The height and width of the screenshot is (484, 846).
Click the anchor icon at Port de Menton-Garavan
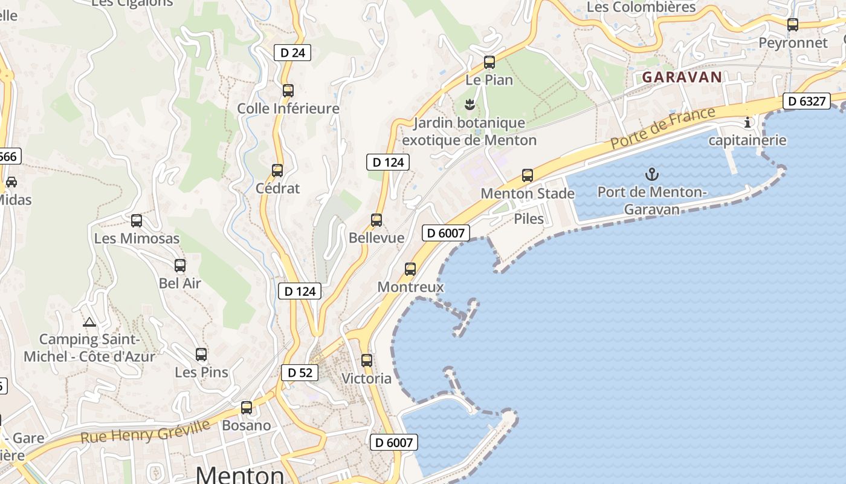click(651, 175)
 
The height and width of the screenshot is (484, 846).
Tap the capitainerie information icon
click(748, 122)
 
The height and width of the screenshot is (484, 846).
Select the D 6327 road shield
click(806, 101)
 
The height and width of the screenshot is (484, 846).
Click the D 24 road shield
click(292, 53)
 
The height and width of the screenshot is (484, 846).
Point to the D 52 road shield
click(300, 373)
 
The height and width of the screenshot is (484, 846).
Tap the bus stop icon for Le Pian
click(489, 62)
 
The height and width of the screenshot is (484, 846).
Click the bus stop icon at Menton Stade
click(528, 176)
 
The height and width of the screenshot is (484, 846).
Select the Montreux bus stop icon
click(410, 269)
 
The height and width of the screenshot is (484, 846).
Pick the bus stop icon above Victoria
click(367, 361)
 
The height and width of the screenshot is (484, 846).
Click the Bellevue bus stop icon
click(376, 220)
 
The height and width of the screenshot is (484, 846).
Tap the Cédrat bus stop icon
click(277, 171)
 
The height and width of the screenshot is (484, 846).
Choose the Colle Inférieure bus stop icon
click(288, 91)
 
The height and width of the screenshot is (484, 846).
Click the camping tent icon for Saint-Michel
click(89, 322)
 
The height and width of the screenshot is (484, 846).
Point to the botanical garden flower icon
click(469, 105)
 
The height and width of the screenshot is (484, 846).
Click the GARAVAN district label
click(682, 77)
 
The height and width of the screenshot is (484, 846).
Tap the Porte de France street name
click(663, 128)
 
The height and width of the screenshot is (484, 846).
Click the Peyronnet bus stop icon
click(793, 25)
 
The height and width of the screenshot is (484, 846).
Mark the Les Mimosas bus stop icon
click(137, 221)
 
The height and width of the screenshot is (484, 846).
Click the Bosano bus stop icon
click(247, 408)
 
